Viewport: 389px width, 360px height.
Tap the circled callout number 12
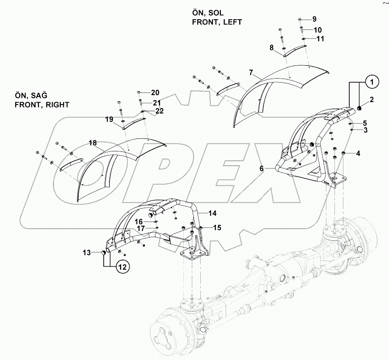tap(123, 267)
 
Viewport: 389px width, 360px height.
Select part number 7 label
tap(251, 72)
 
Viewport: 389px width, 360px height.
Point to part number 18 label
tap(93, 143)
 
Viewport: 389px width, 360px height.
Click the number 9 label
tap(314, 19)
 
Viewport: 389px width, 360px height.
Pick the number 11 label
tap(320, 38)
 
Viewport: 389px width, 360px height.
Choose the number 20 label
tap(155, 92)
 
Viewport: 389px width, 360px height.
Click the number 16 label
tap(139, 221)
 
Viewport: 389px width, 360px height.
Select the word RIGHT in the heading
tap(56, 105)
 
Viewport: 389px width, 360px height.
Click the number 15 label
tap(217, 228)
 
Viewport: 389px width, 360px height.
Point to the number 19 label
tap(109, 119)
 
